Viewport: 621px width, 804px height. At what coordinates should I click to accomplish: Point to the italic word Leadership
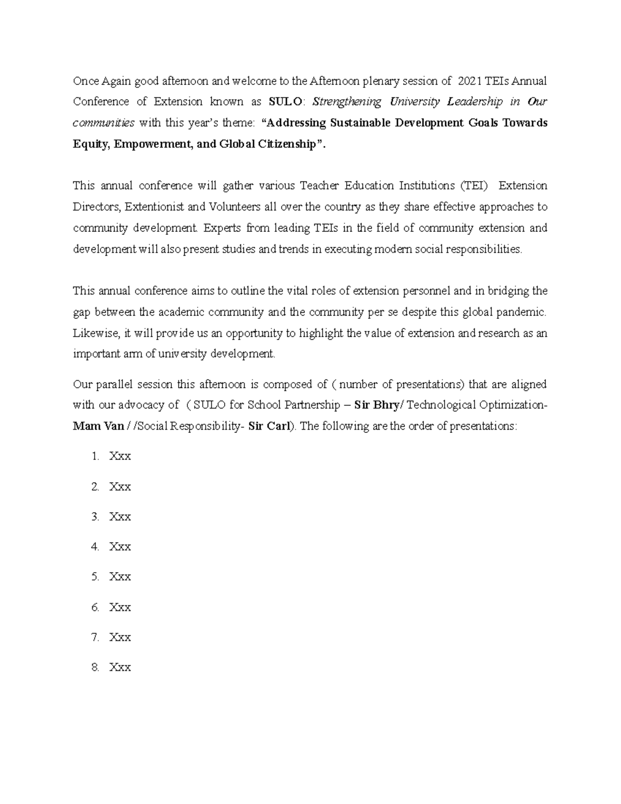coord(475,101)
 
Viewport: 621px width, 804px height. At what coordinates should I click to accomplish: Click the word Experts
coord(223,228)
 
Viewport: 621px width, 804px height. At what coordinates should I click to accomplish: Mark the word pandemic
coord(524,312)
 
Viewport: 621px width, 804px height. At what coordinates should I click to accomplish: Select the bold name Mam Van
coord(98,427)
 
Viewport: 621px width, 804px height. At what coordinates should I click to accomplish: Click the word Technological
coord(441,405)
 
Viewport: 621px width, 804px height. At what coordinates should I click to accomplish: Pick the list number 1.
coord(95,457)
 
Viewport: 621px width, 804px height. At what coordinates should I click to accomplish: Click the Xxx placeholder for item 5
coord(120,577)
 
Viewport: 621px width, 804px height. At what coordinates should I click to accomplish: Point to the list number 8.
coord(95,667)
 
